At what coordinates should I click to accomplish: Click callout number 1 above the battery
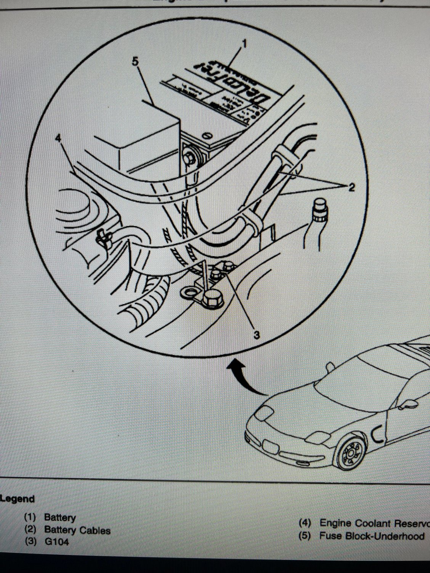tap(244, 44)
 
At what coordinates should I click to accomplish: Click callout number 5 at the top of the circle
tap(136, 62)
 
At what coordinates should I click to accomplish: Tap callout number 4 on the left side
tap(58, 138)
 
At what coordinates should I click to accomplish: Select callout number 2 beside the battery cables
tap(350, 187)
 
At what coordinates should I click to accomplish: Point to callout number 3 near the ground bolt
tap(256, 335)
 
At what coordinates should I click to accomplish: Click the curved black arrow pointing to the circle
tap(248, 381)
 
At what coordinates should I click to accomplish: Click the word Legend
tap(18, 499)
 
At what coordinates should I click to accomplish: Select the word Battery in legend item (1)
tap(60, 517)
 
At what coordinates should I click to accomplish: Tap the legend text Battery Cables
tap(77, 530)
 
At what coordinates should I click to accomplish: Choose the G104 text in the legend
tap(57, 541)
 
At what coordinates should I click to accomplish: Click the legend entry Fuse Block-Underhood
tap(372, 536)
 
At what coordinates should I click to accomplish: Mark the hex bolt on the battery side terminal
tap(188, 157)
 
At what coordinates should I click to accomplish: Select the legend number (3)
tap(30, 541)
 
